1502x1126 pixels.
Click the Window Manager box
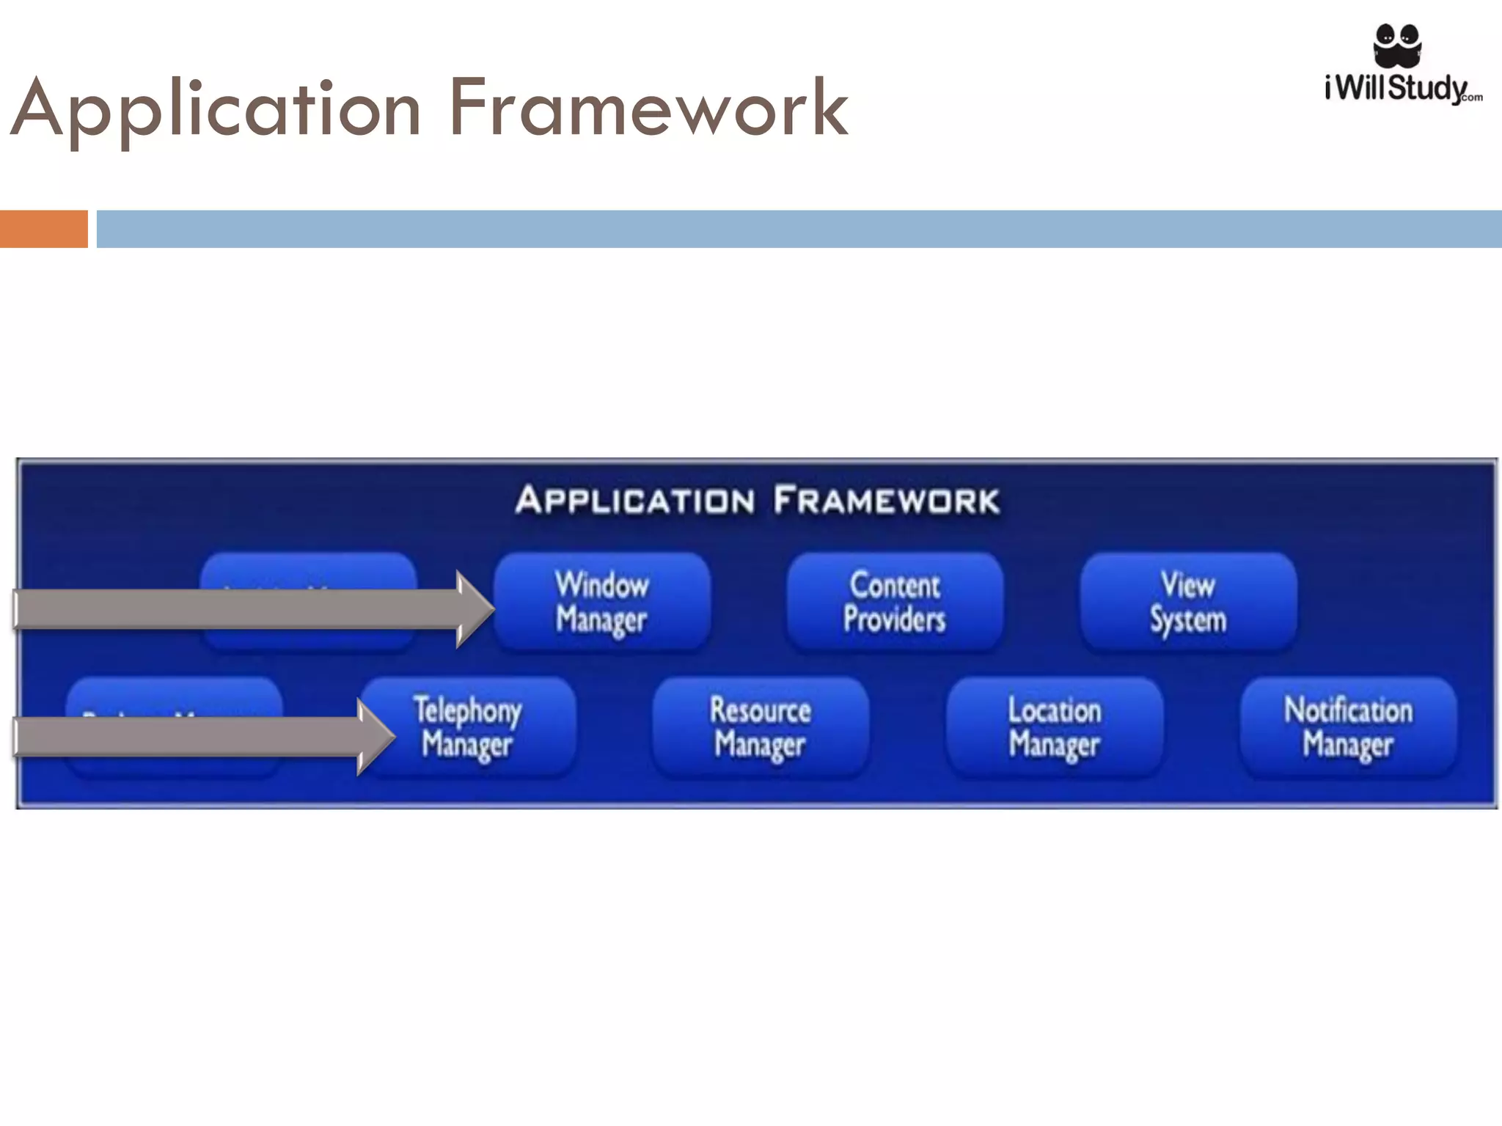coord(602,602)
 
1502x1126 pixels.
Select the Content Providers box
coord(895,602)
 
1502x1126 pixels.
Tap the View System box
coord(1188,602)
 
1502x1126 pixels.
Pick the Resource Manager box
coord(761,726)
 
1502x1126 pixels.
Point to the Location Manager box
coord(1055,726)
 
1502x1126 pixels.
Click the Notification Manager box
coord(1348,726)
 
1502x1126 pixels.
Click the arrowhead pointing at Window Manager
coord(474,609)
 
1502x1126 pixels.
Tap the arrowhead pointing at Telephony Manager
coord(374,736)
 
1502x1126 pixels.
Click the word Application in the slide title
coord(216,110)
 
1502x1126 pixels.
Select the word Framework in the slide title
coord(648,110)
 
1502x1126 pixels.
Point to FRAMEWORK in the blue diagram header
coord(886,501)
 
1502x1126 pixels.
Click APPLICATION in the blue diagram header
coord(635,501)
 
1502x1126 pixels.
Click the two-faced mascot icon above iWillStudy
coord(1397,44)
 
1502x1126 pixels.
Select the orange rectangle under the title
coord(43,229)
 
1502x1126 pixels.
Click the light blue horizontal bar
coord(799,229)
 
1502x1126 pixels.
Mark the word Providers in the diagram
coord(895,619)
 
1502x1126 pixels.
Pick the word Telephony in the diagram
coord(468,710)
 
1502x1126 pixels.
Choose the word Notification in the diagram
coord(1348,710)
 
